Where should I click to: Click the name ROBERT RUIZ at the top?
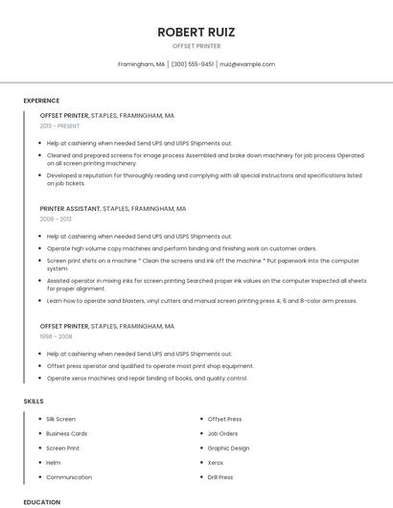[x=196, y=32]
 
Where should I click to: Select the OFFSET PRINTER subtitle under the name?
[x=196, y=46]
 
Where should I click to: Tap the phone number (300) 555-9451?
[x=192, y=64]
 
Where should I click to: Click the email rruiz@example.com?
[x=247, y=64]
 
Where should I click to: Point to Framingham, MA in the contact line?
[x=141, y=64]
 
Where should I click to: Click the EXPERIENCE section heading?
[x=41, y=101]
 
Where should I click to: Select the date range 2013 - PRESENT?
[x=59, y=127]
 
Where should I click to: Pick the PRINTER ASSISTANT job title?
[x=70, y=208]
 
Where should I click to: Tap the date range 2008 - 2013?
[x=56, y=219]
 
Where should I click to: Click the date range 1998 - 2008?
[x=56, y=337]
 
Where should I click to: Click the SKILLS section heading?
[x=34, y=400]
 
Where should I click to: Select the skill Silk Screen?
[x=60, y=419]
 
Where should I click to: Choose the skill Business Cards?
[x=66, y=433]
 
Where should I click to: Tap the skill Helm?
[x=54, y=462]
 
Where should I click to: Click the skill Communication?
[x=69, y=476]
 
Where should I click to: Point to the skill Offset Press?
[x=224, y=419]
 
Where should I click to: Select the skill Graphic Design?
[x=228, y=448]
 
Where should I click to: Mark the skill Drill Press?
[x=220, y=476]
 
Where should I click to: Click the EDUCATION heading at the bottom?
[x=41, y=501]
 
